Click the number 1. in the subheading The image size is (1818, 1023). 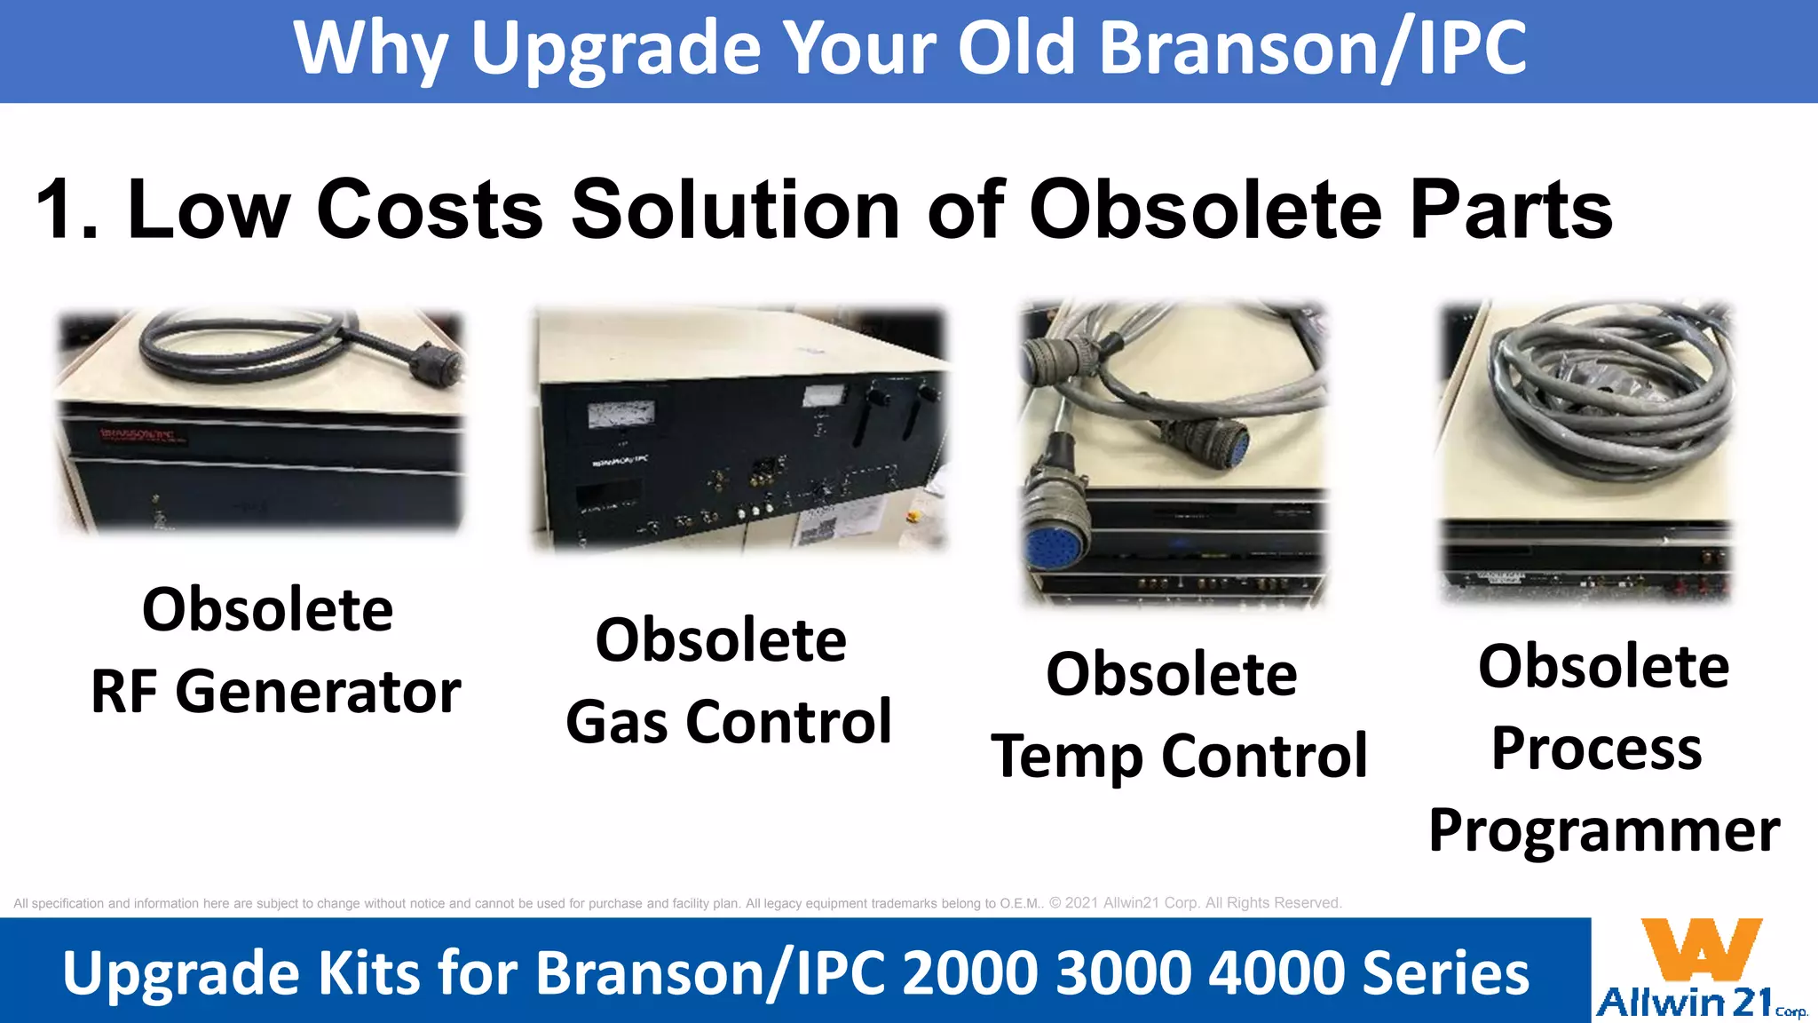67,210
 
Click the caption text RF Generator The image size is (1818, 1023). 275,692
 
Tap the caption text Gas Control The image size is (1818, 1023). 728,721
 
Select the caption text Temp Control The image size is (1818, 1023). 1179,756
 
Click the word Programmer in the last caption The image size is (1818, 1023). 1603,830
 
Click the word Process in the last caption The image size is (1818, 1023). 1596,748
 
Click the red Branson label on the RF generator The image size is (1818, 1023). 142,435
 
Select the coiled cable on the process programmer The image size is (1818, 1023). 1607,391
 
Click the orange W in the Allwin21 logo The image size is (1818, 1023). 1700,950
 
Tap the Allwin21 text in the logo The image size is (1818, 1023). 1685,1003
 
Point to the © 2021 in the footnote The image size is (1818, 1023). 1074,903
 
